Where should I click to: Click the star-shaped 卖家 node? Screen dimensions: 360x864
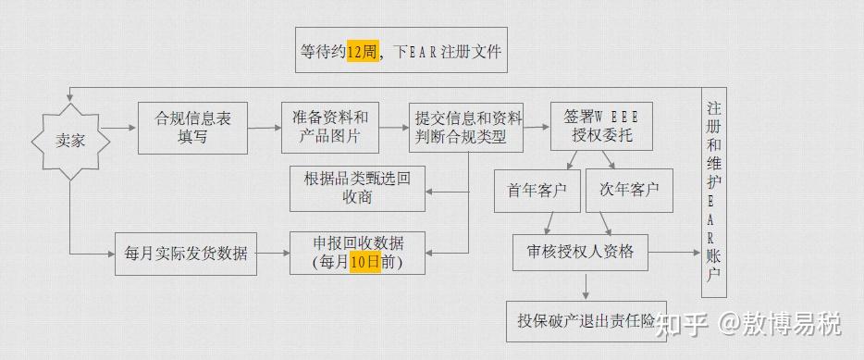(70, 141)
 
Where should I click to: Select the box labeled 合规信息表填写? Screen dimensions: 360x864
(192, 128)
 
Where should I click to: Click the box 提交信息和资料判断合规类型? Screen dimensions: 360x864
(466, 128)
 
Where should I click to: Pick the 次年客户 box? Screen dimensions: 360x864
(629, 191)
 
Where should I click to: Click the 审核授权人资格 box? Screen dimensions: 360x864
(581, 252)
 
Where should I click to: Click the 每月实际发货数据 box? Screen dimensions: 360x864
(186, 253)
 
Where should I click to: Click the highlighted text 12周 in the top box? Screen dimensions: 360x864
(362, 52)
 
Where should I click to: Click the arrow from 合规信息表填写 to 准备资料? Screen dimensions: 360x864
(265, 128)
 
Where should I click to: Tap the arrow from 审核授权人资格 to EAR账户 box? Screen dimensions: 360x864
(675, 252)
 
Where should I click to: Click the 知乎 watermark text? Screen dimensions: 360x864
(683, 324)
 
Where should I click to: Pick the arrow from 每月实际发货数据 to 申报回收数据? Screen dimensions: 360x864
(274, 253)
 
